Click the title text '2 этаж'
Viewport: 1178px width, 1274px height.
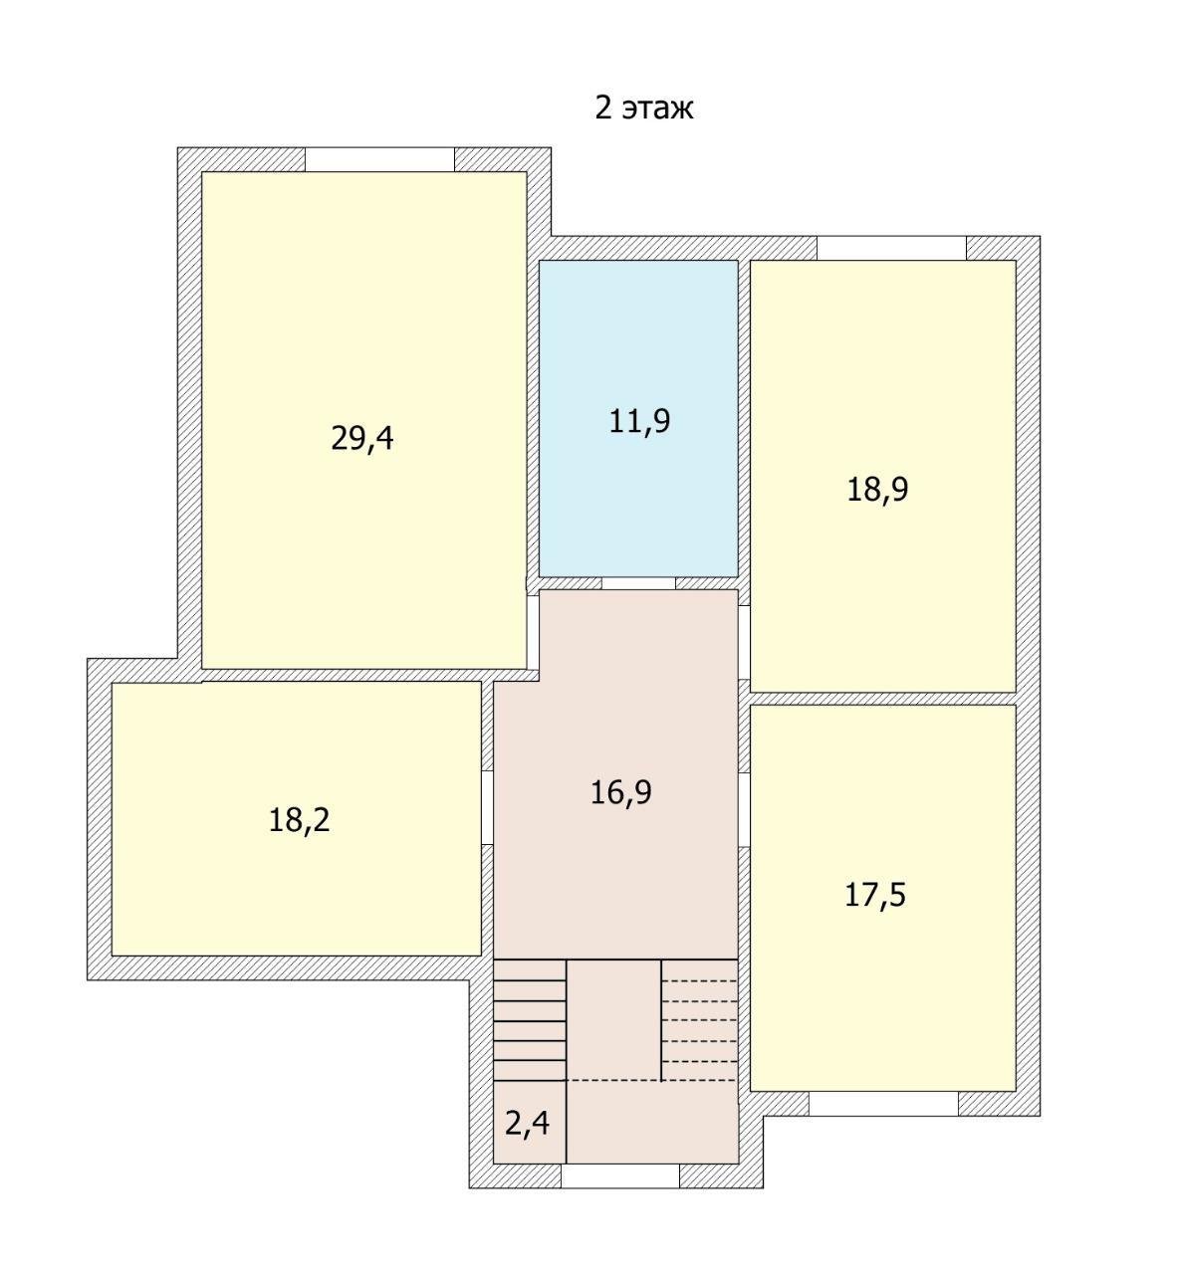644,107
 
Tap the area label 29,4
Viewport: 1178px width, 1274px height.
362,439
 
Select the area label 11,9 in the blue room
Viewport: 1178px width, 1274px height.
639,421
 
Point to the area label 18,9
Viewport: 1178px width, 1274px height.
877,490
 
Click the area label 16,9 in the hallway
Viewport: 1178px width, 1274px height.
620,792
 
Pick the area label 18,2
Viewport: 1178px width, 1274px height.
299,820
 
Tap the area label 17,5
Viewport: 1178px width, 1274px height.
875,895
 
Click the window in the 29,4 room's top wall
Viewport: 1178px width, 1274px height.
380,159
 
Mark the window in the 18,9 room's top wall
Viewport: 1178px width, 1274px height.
891,248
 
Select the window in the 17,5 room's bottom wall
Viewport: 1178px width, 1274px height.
884,1104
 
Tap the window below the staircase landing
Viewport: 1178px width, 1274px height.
620,1175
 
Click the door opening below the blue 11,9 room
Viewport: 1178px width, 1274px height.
638,583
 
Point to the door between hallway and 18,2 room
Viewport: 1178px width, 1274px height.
487,807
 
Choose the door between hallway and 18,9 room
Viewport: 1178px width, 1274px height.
744,642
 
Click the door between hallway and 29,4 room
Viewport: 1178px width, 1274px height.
533,632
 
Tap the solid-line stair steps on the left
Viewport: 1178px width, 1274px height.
530,1020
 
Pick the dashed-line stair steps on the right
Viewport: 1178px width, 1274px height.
699,1020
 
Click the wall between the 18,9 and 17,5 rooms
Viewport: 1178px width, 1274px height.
883,699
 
